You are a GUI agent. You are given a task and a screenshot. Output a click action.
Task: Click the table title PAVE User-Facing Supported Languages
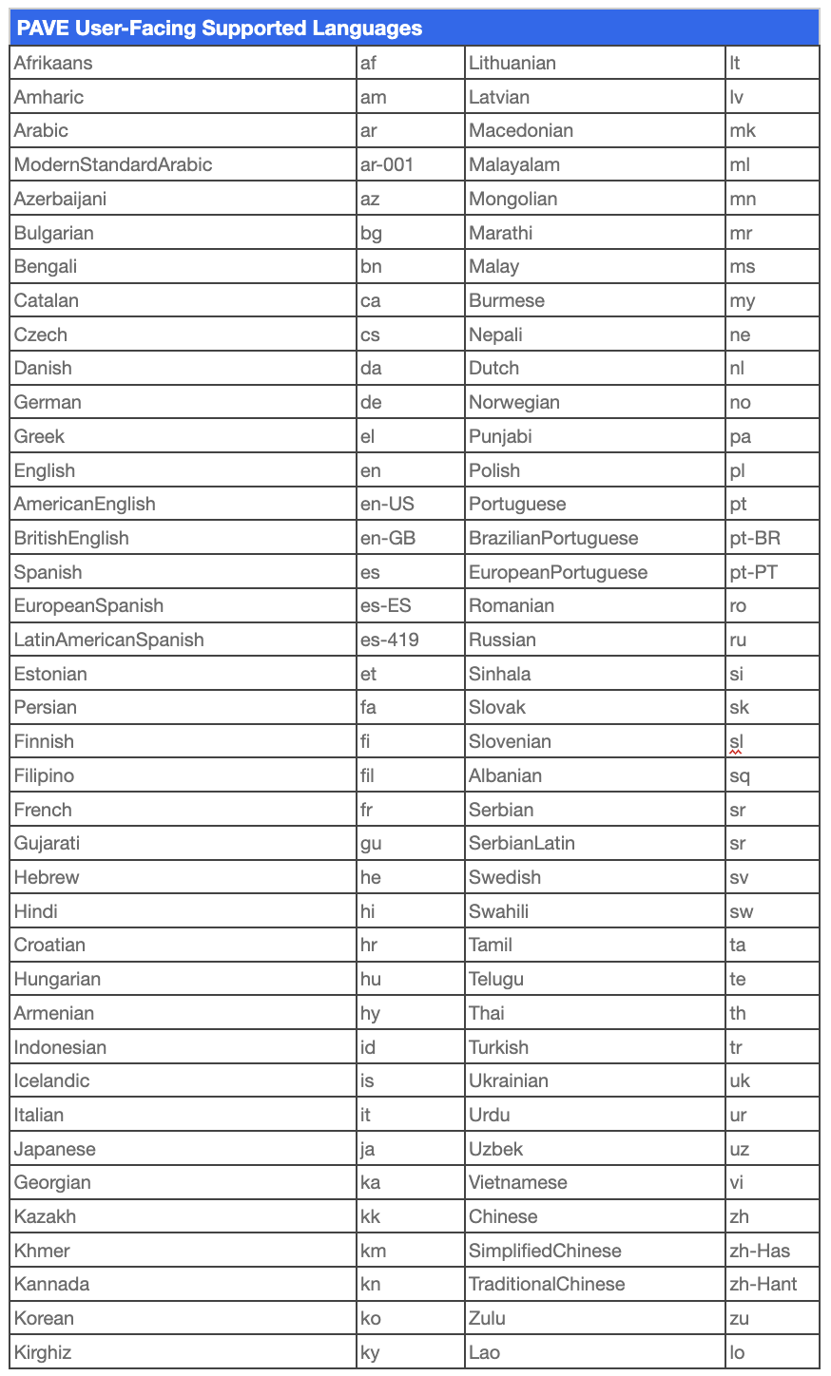pos(220,29)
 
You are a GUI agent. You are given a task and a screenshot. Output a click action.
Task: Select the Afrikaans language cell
pos(53,64)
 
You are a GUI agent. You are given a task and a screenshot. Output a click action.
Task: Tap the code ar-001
pos(387,165)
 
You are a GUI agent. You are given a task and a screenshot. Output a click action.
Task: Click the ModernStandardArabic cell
pos(113,165)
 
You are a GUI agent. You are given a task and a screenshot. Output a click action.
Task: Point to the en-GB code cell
pos(388,539)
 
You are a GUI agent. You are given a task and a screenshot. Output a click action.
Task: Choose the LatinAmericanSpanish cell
pos(109,640)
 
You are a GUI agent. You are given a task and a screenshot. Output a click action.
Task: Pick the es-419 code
pos(390,640)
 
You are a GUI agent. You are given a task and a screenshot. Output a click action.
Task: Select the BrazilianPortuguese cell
pos(553,539)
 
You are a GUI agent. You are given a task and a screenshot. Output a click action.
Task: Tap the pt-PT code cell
pos(754,573)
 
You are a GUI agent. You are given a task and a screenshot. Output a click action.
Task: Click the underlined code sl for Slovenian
pos(736,742)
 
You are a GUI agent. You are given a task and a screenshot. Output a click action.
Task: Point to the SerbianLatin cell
pos(522,844)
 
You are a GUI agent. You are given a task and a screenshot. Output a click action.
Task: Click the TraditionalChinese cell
pos(547,1285)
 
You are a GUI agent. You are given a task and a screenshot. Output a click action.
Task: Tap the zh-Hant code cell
pos(763,1285)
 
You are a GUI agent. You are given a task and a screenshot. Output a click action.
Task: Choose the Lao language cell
pos(485,1353)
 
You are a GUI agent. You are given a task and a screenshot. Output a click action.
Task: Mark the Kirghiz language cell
pos(43,1353)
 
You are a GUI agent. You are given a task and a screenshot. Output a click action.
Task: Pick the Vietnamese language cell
pos(518,1183)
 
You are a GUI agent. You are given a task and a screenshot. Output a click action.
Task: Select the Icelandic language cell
pos(52,1081)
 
